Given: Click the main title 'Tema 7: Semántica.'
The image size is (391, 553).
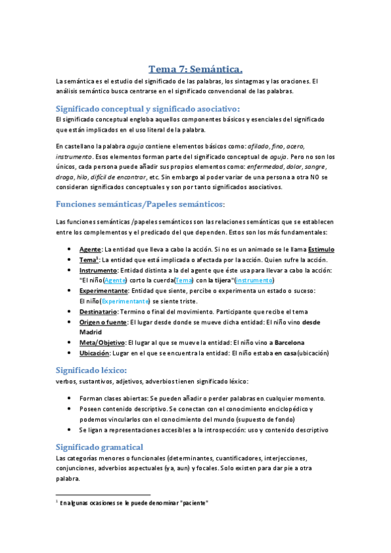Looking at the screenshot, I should [x=195, y=68].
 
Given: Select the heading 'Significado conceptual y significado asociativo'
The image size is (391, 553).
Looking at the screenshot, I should [x=148, y=108].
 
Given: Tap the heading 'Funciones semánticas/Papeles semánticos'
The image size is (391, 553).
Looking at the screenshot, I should [x=140, y=204].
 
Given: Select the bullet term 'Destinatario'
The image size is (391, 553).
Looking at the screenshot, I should [x=97, y=312].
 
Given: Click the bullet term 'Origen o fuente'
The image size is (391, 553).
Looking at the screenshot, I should [x=103, y=322].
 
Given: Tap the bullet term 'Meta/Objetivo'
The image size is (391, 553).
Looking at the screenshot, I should [x=101, y=342].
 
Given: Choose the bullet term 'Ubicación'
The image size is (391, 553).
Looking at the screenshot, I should [x=95, y=353].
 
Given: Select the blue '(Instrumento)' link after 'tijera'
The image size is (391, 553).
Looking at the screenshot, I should [x=254, y=280].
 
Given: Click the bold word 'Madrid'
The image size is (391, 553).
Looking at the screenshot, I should [x=92, y=332].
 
